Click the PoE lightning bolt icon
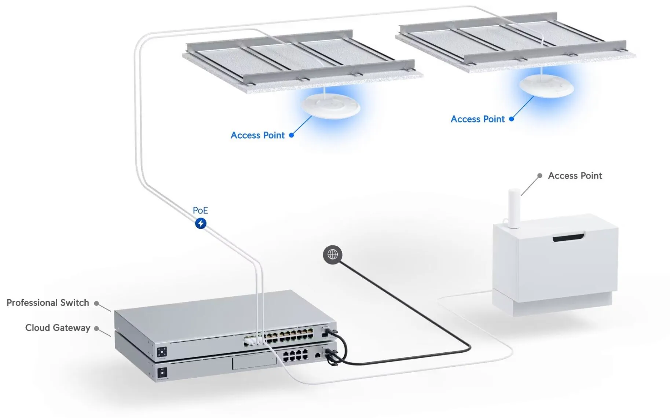[201, 223]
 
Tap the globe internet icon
[333, 254]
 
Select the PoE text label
[200, 210]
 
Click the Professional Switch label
[48, 302]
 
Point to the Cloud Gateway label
[58, 327]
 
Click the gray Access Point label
[575, 176]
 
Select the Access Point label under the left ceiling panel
[257, 135]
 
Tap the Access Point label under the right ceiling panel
[477, 119]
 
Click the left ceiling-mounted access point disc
[330, 106]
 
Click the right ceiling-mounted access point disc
[546, 86]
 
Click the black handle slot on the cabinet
[568, 238]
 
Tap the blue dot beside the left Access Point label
[292, 135]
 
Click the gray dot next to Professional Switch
[96, 303]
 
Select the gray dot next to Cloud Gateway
[96, 328]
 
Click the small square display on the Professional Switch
[162, 352]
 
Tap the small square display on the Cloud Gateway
[162, 373]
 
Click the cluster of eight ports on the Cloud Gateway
[295, 355]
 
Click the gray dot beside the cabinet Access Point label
[539, 176]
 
